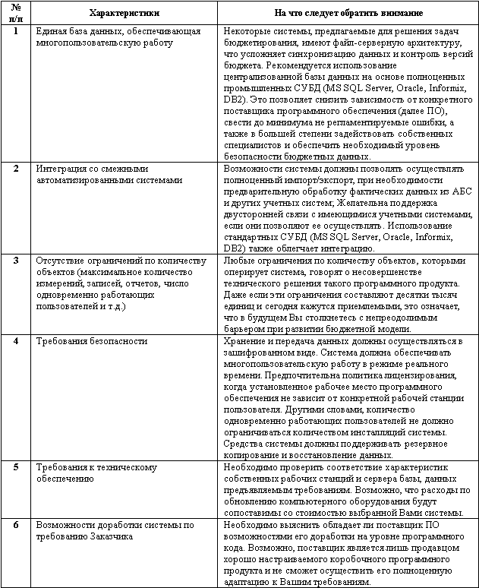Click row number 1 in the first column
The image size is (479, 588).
click(x=17, y=31)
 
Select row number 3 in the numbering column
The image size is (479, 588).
click(x=17, y=261)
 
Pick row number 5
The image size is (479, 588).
click(x=17, y=466)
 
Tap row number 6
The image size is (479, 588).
click(x=17, y=525)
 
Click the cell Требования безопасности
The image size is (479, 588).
click(x=92, y=341)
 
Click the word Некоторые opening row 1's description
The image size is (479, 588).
click(x=248, y=31)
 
